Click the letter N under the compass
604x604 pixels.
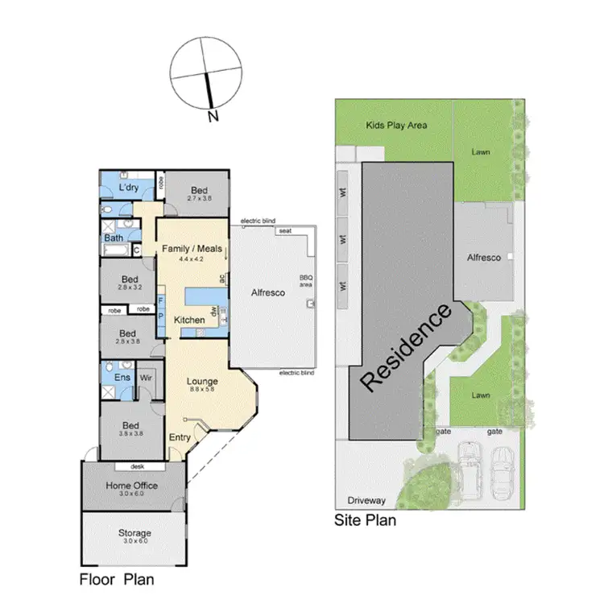click(213, 117)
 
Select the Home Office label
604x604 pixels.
click(132, 486)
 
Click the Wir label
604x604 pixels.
click(147, 376)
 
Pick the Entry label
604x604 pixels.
click(180, 437)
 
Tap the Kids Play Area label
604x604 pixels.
click(396, 125)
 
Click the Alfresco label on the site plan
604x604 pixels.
click(484, 258)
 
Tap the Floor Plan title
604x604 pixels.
click(117, 579)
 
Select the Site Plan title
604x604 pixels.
click(365, 520)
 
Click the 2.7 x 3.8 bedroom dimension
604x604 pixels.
click(199, 198)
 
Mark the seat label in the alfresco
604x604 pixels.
click(284, 231)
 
